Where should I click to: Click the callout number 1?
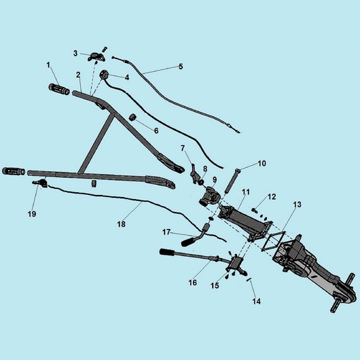(48, 65)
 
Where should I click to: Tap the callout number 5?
(181, 67)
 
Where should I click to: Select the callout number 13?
(297, 204)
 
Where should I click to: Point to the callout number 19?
(32, 214)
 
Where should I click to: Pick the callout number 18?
(121, 224)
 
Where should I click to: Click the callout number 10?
(262, 164)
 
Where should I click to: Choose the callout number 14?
(257, 301)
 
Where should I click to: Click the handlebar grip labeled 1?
(59, 89)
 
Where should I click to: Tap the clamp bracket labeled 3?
(96, 57)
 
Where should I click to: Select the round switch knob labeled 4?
(103, 74)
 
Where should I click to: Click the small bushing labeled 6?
(132, 118)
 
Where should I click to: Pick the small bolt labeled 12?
(255, 210)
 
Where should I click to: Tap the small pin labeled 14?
(249, 280)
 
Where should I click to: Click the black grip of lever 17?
(189, 242)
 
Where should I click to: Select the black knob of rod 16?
(167, 252)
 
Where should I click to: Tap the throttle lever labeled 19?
(40, 183)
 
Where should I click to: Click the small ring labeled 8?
(201, 182)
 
